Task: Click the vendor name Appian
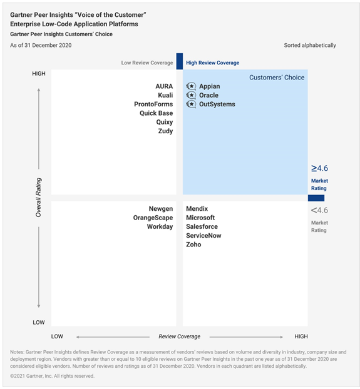210,86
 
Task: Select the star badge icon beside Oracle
191,95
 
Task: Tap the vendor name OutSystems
217,104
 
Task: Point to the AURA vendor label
164,86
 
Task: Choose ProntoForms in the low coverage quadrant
153,104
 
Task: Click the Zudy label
165,131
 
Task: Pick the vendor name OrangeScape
153,218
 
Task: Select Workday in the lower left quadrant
160,226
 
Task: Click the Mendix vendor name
197,209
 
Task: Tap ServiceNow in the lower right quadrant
203,235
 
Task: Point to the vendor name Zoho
193,245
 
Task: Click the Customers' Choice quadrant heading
277,78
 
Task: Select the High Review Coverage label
212,63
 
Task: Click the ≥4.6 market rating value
319,168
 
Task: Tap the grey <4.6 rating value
319,210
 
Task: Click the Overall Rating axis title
38,198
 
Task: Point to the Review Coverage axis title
180,336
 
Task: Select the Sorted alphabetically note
310,46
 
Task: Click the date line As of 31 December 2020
41,46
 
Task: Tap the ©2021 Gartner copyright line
53,376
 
